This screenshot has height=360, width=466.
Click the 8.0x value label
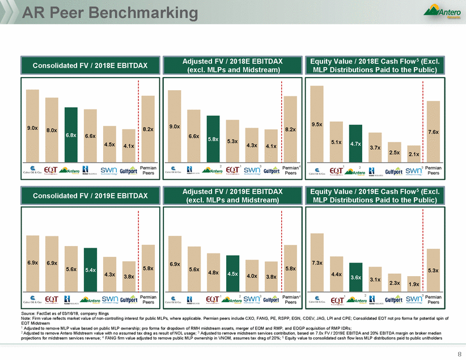52,130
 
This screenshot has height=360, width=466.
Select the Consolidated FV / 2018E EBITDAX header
90,66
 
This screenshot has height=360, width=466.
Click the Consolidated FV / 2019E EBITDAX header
90,196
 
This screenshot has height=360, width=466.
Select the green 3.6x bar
355,277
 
